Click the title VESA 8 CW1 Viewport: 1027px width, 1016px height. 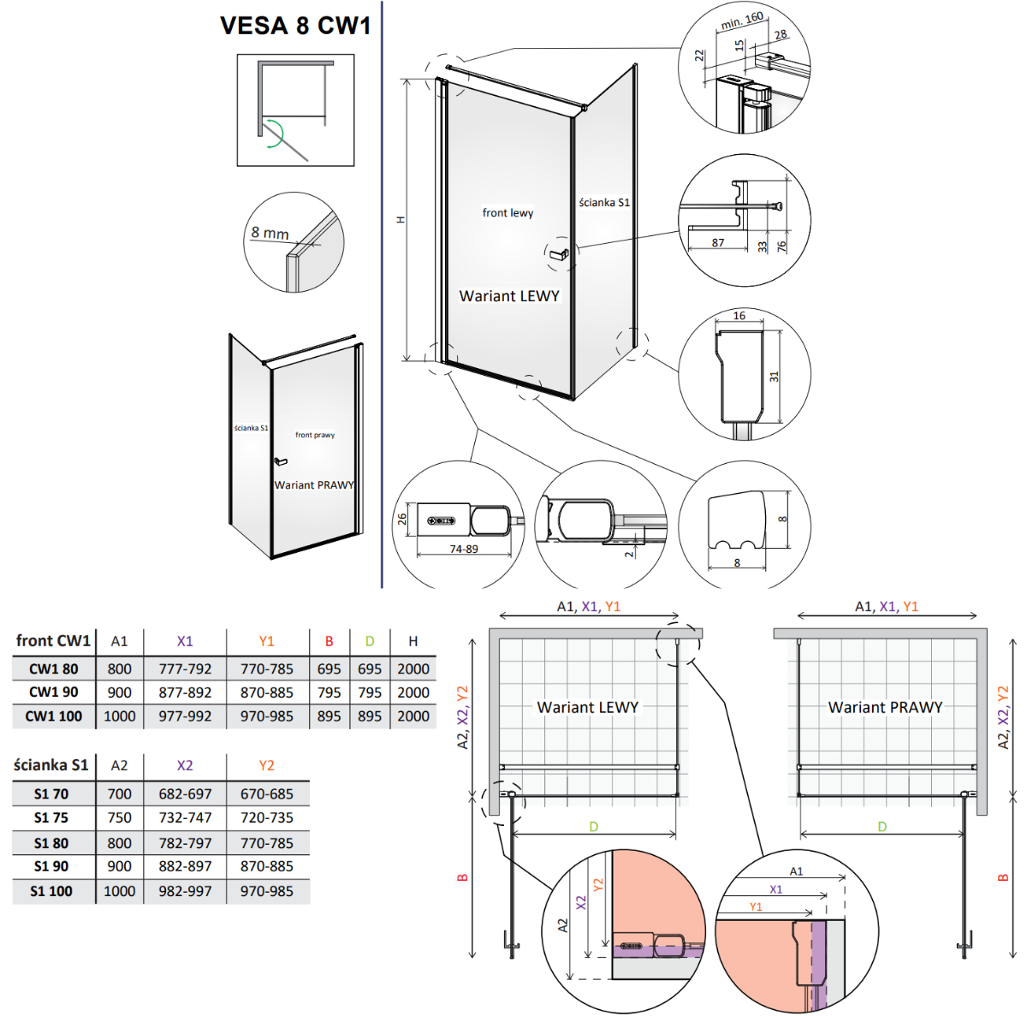coord(295,25)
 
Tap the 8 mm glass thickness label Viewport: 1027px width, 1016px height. coord(270,233)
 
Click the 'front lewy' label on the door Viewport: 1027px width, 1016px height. coord(508,212)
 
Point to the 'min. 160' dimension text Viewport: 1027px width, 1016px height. coord(742,21)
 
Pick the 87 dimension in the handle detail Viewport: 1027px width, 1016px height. coord(718,242)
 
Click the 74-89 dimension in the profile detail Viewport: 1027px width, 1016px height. coord(464,549)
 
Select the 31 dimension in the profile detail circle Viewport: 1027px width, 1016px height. coord(774,377)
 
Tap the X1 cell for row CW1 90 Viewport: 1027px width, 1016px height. coord(185,692)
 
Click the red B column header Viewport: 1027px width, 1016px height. coord(329,641)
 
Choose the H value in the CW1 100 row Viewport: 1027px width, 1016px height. coord(413,716)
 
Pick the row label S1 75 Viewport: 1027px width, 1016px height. coord(51,817)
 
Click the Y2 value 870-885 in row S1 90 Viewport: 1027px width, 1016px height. coord(266,866)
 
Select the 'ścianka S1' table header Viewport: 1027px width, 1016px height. coord(51,765)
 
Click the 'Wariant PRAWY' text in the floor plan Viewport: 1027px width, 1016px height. coord(885,707)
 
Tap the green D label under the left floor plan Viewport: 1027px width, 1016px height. coord(594,827)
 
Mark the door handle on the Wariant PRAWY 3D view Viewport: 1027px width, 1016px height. coord(280,461)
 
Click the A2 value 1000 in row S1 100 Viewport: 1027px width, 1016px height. coord(119,891)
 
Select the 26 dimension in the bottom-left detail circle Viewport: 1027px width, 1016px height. coord(402,518)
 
